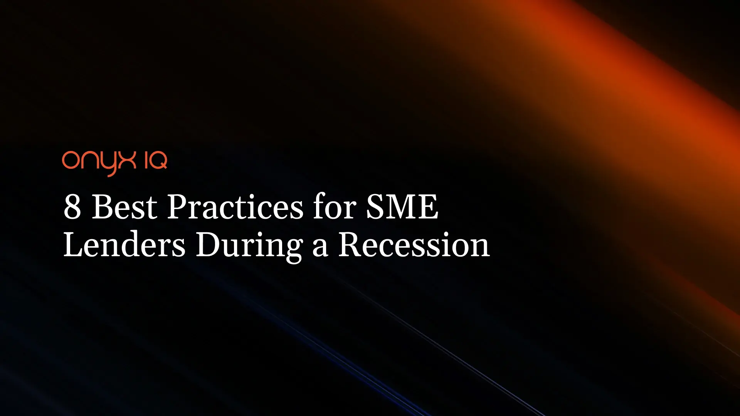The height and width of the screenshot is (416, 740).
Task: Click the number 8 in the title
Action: [72, 207]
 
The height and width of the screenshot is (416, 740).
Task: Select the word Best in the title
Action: [124, 207]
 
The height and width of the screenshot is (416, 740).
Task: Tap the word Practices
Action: [235, 207]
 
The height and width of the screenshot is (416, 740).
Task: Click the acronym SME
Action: [402, 207]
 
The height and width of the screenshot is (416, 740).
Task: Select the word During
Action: [249, 247]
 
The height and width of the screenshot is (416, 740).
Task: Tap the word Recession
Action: [414, 244]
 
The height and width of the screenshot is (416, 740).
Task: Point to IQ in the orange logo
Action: [156, 161]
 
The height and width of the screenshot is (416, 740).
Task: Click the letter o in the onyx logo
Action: [71, 160]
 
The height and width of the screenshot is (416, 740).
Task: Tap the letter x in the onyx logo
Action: [128, 160]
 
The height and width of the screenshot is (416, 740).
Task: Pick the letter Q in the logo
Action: [158, 161]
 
